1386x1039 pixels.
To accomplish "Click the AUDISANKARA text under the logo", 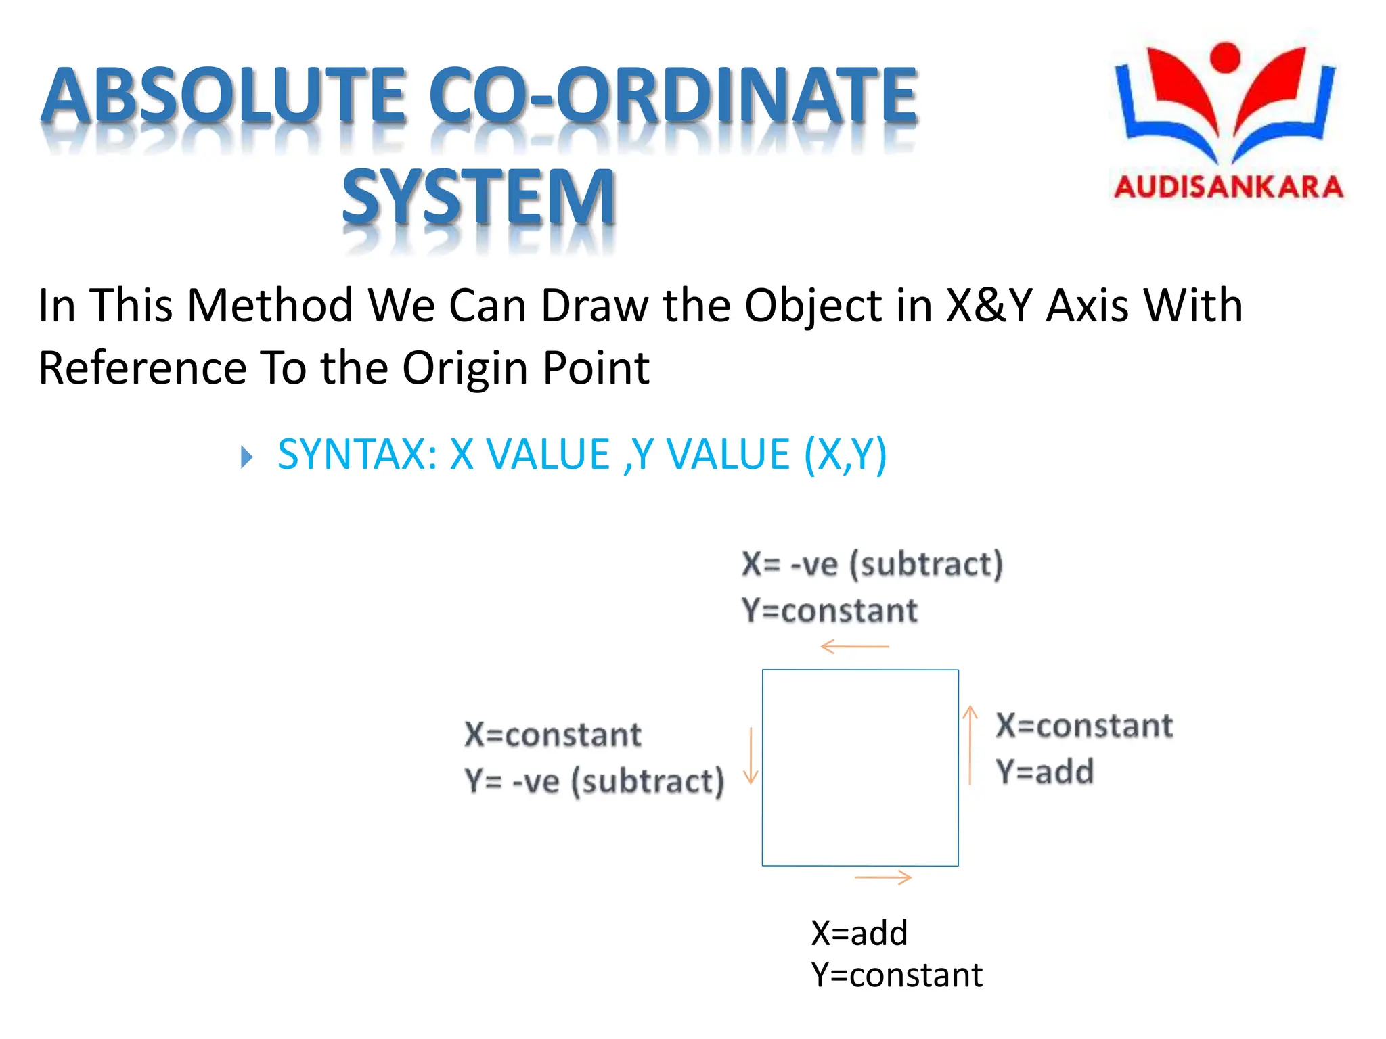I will pos(1228,187).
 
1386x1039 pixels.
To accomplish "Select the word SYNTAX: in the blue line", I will pos(357,454).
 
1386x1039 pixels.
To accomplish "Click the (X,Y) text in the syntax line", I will pos(845,454).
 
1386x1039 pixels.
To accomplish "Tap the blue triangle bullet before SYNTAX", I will pos(247,457).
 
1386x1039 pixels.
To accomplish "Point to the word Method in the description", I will pos(270,305).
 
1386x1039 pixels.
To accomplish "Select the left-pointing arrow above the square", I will pos(854,647).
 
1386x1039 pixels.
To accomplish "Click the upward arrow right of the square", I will pos(970,744).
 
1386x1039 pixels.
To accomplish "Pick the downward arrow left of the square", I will pos(751,756).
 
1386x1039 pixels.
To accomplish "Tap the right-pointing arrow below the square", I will pos(883,878).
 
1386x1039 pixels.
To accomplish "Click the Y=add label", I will pos(1044,771).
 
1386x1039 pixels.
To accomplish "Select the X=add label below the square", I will pos(859,933).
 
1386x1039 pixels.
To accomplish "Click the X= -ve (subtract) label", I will pos(872,563).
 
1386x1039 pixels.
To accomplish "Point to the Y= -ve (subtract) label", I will pos(594,781).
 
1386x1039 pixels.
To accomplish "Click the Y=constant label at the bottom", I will pos(897,975).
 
